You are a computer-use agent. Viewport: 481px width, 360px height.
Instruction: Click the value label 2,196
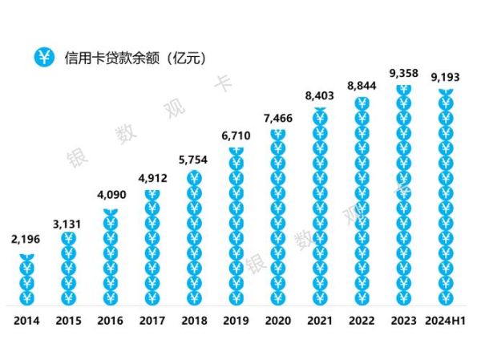pyautogui.click(x=26, y=238)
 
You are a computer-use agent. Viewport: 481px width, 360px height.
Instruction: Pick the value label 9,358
pyautogui.click(x=403, y=74)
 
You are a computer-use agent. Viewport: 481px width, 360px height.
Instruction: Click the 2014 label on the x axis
pyautogui.click(x=26, y=322)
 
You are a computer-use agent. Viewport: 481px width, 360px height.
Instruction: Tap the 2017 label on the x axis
pyautogui.click(x=152, y=322)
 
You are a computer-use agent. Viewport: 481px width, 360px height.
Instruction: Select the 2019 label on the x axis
pyautogui.click(x=236, y=322)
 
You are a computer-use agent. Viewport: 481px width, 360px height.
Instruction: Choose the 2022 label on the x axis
pyautogui.click(x=362, y=322)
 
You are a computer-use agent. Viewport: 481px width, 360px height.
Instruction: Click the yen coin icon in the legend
pyautogui.click(x=43, y=57)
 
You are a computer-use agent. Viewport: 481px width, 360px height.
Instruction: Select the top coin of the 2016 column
pyautogui.click(x=111, y=213)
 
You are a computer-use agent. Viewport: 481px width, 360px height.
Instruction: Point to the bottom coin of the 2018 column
pyautogui.click(x=194, y=297)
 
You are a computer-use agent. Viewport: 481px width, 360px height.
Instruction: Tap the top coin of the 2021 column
pyautogui.click(x=320, y=96)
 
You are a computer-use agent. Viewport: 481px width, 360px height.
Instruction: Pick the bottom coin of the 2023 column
pyautogui.click(x=403, y=297)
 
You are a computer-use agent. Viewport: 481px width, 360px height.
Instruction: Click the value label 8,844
pyautogui.click(x=362, y=85)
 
